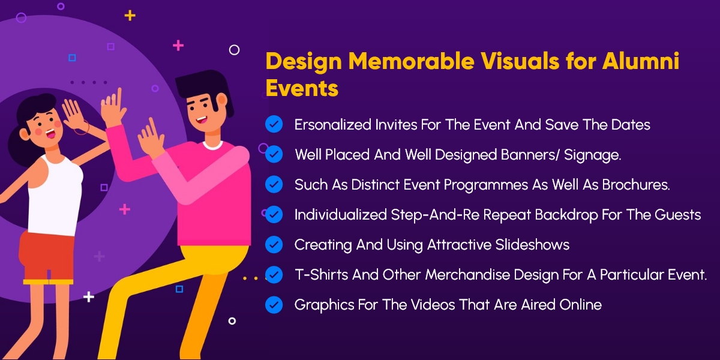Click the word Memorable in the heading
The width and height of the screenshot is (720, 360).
pyautogui.click(x=412, y=61)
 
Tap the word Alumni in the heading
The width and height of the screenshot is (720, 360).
pyautogui.click(x=641, y=61)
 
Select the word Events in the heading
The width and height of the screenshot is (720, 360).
pyautogui.click(x=302, y=88)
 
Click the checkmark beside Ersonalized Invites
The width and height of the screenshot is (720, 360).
pyautogui.click(x=274, y=124)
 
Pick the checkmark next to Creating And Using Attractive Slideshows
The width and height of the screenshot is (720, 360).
pyautogui.click(x=274, y=245)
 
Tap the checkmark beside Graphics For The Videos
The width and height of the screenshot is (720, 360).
pyautogui.click(x=274, y=305)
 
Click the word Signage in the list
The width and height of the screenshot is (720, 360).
pyautogui.click(x=592, y=155)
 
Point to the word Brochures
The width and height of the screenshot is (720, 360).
pyautogui.click(x=636, y=185)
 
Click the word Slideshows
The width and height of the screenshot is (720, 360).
pyautogui.click(x=532, y=245)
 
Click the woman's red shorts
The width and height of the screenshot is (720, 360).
pyautogui.click(x=47, y=257)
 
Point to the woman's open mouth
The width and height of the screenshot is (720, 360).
pyautogui.click(x=50, y=133)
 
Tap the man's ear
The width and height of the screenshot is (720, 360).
pyautogui.click(x=222, y=100)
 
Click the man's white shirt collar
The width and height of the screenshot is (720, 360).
pyautogui.click(x=212, y=145)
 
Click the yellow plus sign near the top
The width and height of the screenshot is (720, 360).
pyautogui.click(x=130, y=16)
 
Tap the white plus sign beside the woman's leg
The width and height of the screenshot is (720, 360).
pyautogui.click(x=89, y=296)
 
